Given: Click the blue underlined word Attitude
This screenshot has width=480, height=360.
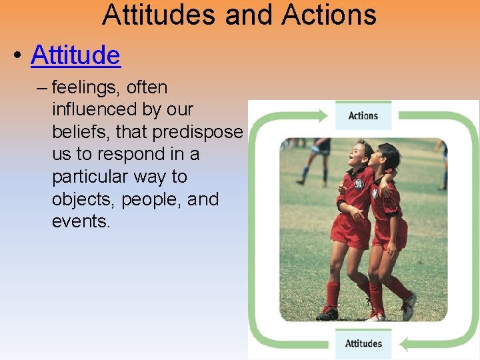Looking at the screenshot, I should (x=75, y=55).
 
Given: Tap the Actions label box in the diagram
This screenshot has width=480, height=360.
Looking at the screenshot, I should (x=363, y=116).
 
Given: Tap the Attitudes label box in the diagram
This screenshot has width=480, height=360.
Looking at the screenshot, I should (x=363, y=344).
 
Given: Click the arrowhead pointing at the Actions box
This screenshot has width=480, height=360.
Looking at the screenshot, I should (x=325, y=116).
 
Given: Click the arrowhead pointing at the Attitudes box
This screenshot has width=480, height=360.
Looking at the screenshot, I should (x=403, y=343).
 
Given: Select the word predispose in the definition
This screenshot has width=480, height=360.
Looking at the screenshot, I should (x=197, y=132).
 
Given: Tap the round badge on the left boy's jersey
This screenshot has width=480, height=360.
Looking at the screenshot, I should (x=358, y=184).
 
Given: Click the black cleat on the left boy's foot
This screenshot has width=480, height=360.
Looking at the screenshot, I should (x=327, y=313).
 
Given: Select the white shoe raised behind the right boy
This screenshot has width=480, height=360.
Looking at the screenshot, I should (x=409, y=306).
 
